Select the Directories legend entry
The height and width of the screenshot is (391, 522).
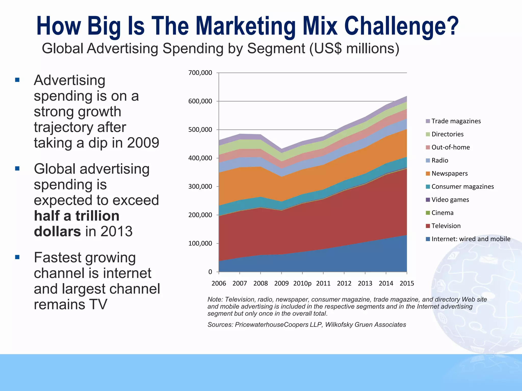pos(447,134)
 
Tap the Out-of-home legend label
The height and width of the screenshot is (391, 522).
pos(450,147)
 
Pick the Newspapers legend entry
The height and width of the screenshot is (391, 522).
pos(449,174)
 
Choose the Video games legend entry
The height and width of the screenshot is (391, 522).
pos(450,200)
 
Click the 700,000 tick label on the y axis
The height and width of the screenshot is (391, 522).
pos(200,73)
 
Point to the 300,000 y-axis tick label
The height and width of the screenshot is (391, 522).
pos(200,187)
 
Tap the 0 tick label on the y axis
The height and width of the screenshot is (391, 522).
pos(210,272)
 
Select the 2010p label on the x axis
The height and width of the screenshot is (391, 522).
pos(302,284)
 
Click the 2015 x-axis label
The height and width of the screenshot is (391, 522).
pos(407,284)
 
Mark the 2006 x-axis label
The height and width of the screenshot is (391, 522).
pos(219,284)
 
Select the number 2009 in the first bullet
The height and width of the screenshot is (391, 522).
pos(143,143)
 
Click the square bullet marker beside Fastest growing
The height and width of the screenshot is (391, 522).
pos(17,257)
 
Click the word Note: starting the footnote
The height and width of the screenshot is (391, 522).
pos(215,300)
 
